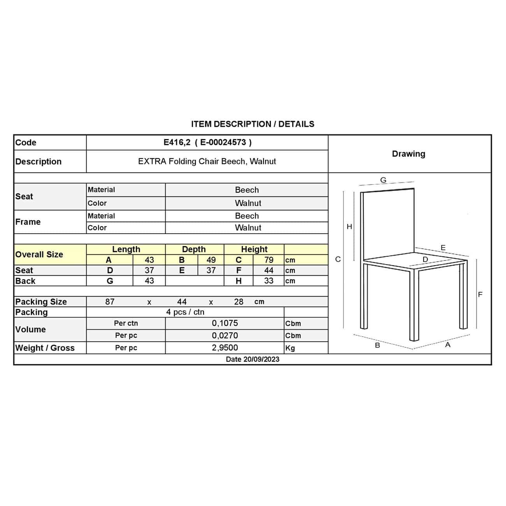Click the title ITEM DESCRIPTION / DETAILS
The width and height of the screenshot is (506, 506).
pos(253,124)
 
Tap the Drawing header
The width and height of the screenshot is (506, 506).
pos(408,154)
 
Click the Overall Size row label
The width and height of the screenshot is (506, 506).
pos(39,255)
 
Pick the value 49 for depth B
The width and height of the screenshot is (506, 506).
pos(211,260)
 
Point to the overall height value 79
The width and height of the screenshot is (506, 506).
pos(269,260)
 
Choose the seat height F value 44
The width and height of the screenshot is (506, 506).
pos(269,271)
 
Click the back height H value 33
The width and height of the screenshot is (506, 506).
pos(269,281)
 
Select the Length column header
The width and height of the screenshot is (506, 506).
pos(126,249)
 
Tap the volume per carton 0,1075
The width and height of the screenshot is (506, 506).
pos(225,323)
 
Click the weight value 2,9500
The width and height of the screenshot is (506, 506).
pos(225,348)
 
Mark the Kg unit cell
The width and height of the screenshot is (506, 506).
pos(290,348)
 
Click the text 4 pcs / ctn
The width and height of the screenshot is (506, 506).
pos(185,312)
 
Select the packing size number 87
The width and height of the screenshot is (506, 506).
pos(110,302)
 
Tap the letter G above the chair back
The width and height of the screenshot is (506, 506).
pos(383,180)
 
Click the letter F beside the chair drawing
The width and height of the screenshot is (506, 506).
pos(480,295)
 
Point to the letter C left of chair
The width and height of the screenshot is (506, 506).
pos(338,259)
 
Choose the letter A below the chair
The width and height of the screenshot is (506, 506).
pos(448,345)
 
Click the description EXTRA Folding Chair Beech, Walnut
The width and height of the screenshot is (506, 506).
pos(207,162)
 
